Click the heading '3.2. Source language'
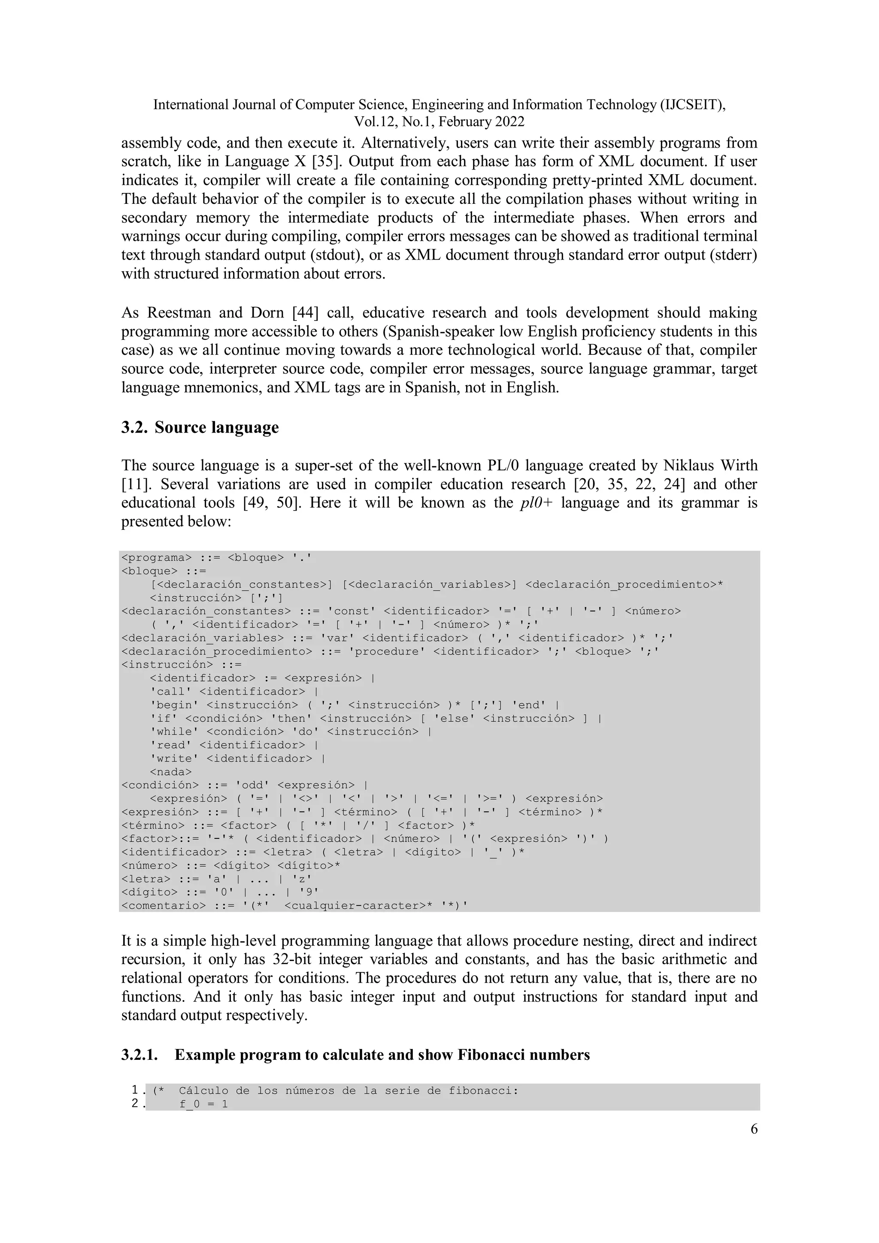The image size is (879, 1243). [x=200, y=428]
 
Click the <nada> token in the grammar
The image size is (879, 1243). [x=170, y=771]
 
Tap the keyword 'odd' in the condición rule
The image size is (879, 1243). [x=255, y=785]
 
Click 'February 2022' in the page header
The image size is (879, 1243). [x=481, y=122]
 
